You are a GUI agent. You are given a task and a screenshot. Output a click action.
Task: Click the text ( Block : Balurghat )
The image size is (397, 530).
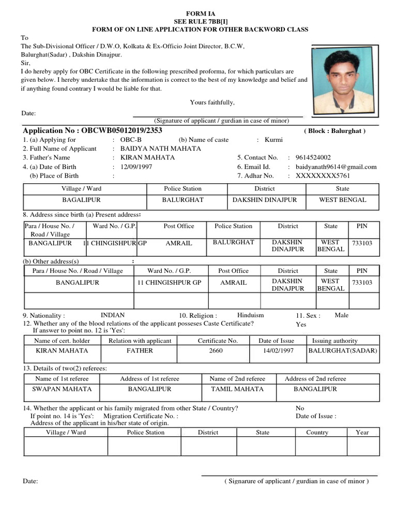[x=334, y=131]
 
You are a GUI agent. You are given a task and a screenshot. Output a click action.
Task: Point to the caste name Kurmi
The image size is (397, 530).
[x=273, y=140]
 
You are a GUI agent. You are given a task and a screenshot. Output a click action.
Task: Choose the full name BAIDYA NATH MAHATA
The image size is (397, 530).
[x=154, y=149]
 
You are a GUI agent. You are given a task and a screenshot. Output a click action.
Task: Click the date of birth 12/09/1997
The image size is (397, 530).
[x=136, y=167]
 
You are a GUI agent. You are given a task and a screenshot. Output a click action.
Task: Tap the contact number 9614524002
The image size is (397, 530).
[x=313, y=157]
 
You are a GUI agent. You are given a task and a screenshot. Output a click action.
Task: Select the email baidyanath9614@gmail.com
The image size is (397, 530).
[x=336, y=167]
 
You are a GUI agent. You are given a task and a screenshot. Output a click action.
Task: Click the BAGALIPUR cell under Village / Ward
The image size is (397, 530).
[x=82, y=200]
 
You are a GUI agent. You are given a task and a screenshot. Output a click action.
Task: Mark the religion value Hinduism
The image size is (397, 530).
[x=250, y=315]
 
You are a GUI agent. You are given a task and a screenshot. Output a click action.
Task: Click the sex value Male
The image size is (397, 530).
[x=342, y=315]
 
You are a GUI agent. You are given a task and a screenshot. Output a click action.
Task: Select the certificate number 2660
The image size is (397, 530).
[x=216, y=350]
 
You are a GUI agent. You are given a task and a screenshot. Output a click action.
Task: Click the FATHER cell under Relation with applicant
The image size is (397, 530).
[x=140, y=350]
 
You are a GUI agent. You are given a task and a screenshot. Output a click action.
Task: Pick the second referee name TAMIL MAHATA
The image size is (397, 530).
[x=237, y=389]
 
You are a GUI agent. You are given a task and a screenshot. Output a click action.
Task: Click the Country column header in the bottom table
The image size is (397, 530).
[x=317, y=432]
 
